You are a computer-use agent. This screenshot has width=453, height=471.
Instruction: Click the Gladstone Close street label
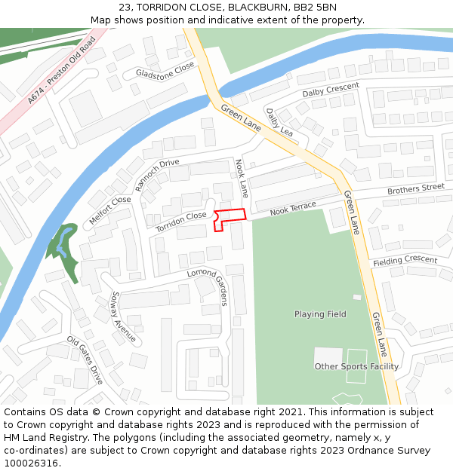[165, 72]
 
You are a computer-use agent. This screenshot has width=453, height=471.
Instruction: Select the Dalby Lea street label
[279, 121]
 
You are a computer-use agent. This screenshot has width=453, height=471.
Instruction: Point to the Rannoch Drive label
[157, 175]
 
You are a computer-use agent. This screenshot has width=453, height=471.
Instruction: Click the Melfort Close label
[110, 211]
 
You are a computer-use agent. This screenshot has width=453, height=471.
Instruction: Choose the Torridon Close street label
[181, 221]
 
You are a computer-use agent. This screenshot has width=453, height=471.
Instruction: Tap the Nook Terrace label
[294, 209]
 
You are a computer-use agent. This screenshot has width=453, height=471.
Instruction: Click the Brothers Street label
[416, 188]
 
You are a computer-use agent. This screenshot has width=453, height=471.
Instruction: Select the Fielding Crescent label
[405, 261]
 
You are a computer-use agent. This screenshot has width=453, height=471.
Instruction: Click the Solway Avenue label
[124, 317]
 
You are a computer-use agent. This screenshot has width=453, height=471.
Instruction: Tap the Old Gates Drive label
[85, 360]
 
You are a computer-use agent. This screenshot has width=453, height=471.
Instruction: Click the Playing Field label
[320, 314]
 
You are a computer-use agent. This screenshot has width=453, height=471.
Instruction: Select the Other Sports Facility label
[356, 366]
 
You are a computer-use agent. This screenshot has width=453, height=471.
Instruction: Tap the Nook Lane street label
[242, 177]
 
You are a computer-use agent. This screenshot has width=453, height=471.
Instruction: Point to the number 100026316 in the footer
[29, 463]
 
